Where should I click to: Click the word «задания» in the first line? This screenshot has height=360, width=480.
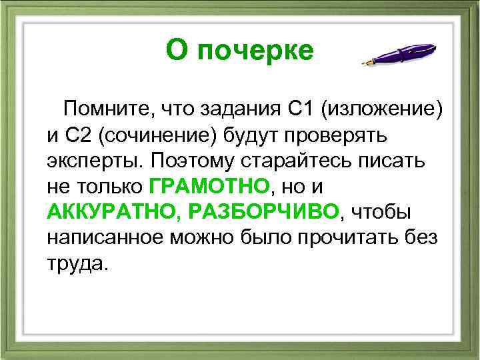[x=240, y=108]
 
